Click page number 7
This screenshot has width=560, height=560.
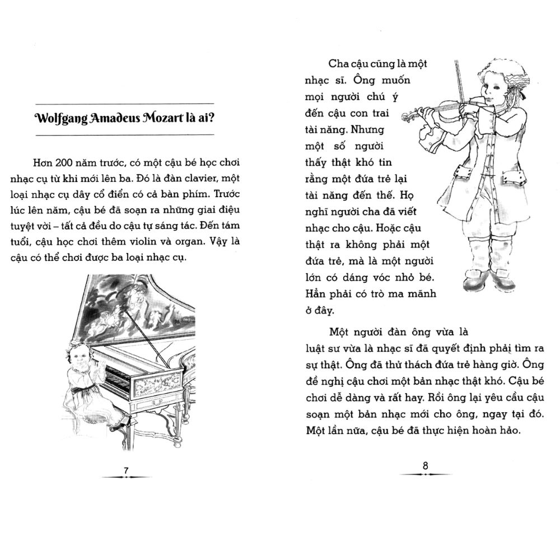tap(126, 470)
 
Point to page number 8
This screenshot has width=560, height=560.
tap(424, 465)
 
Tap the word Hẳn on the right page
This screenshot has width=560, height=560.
tap(318, 293)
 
